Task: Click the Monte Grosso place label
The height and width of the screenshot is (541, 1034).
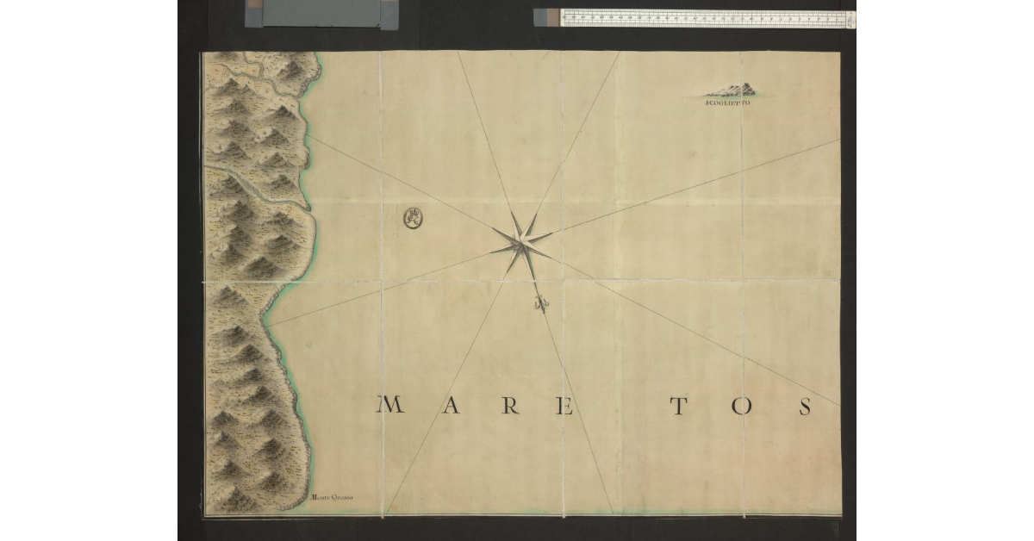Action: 333,497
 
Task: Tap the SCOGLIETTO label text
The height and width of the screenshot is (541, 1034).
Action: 728,103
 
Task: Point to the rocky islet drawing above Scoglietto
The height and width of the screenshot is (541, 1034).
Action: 732,89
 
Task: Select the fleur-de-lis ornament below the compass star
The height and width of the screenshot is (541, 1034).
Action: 541,302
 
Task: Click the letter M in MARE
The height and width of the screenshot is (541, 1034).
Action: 390,405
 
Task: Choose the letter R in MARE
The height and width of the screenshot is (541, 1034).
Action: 510,406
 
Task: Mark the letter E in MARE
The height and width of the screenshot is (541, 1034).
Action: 565,406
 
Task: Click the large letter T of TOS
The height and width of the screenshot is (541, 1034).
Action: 679,406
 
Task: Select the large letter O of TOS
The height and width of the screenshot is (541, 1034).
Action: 742,406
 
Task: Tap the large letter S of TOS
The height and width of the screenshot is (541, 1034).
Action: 805,406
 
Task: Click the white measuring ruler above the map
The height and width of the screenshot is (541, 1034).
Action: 702,17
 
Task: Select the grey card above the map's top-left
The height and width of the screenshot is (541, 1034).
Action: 323,13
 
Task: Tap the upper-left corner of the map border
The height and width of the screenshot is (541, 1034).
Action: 202,53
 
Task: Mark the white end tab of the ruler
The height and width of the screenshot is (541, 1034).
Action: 850,18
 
